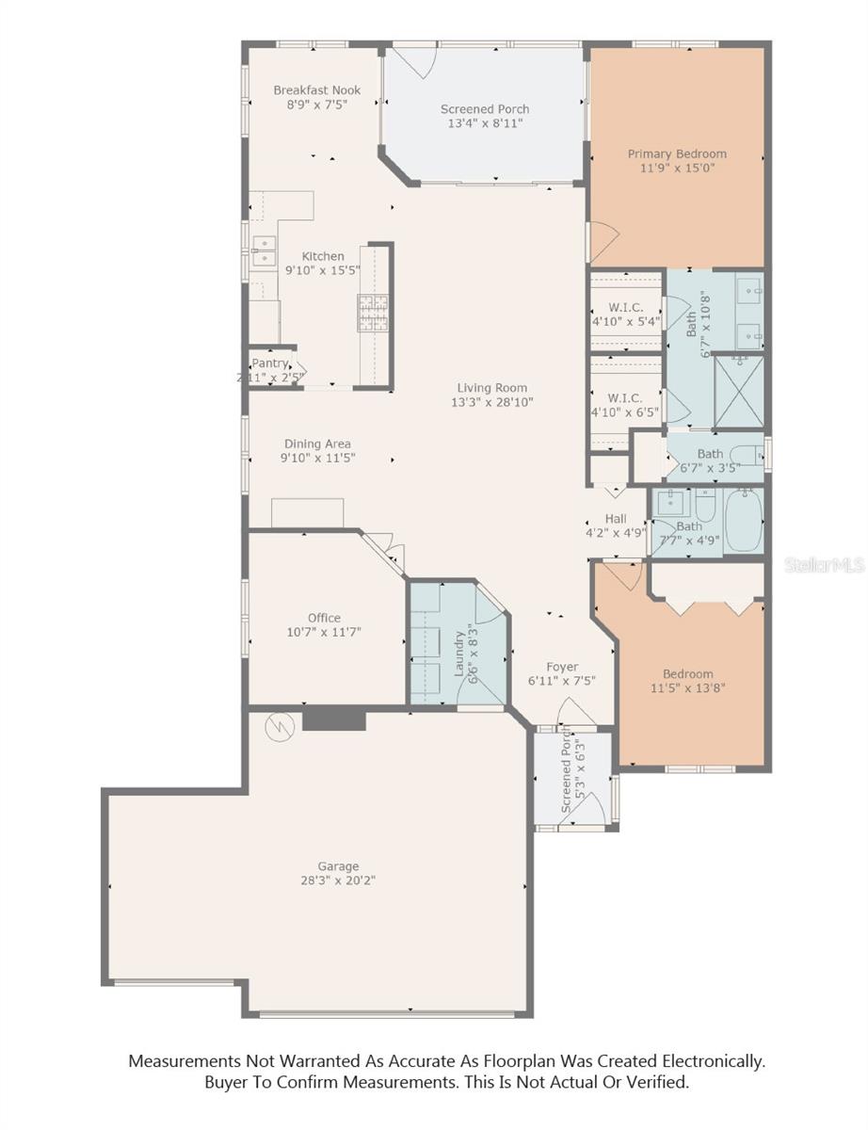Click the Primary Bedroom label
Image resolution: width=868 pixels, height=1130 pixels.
(x=677, y=153)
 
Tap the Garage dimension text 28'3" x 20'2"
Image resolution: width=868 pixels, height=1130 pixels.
(x=337, y=881)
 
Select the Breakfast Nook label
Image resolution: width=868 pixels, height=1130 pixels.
(x=317, y=90)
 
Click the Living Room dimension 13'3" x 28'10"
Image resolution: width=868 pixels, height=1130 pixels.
(x=491, y=402)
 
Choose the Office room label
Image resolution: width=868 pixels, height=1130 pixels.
(x=324, y=618)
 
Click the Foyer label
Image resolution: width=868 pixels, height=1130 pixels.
(x=562, y=667)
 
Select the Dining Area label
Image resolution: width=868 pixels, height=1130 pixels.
(x=317, y=444)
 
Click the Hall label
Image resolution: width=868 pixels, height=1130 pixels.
(x=615, y=519)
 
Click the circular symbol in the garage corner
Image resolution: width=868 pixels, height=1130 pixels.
(x=278, y=726)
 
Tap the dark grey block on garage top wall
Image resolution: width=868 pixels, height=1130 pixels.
(x=333, y=718)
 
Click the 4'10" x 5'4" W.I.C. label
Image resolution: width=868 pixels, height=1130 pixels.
(x=625, y=307)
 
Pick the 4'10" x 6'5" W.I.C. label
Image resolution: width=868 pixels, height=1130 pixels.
(x=625, y=397)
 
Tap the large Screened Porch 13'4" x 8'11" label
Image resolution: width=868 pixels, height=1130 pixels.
(x=485, y=109)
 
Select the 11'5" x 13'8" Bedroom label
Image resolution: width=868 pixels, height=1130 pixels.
(x=687, y=674)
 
